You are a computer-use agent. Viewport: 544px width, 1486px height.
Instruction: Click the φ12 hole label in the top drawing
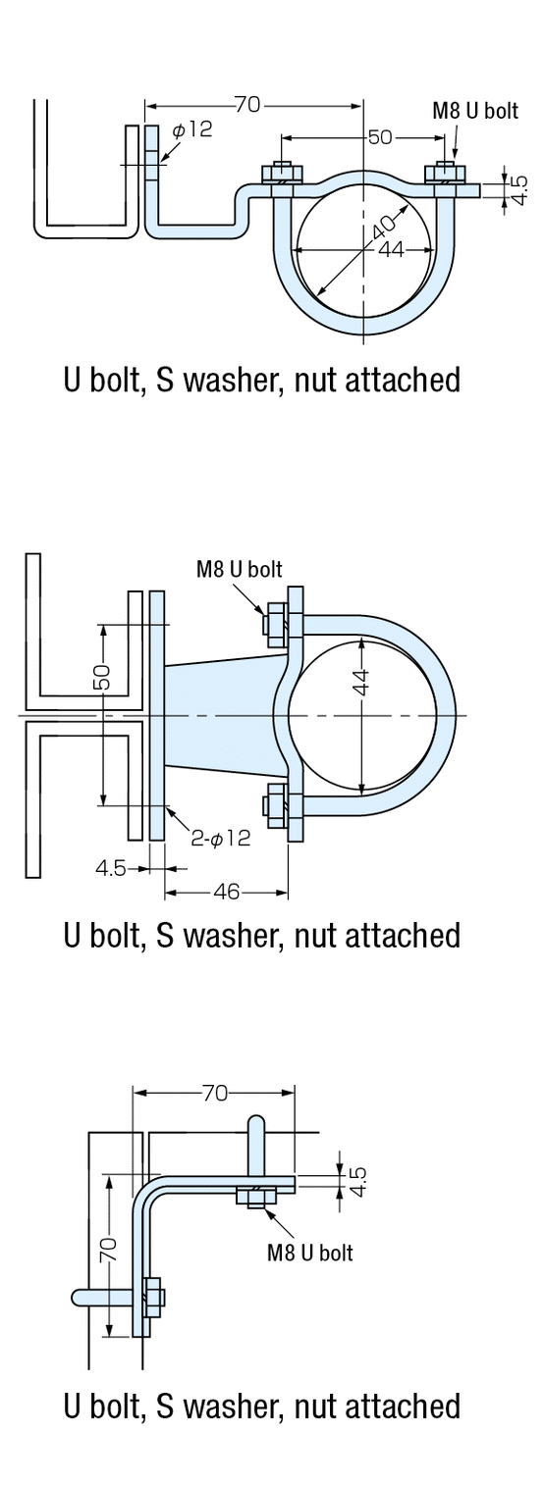coord(192,129)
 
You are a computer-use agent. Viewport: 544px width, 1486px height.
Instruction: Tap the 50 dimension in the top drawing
coord(379,137)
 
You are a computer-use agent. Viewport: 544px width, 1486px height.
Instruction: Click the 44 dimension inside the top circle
coord(391,249)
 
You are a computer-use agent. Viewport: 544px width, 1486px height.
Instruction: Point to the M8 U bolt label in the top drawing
coord(475,110)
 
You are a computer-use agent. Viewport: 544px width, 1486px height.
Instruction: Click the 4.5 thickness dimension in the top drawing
coord(520,189)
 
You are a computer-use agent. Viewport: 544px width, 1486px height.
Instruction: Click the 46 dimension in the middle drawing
coord(226,893)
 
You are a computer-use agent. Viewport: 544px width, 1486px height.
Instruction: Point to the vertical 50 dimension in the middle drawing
coord(102,676)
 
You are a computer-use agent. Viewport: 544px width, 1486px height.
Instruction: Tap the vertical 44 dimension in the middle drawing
coord(360,682)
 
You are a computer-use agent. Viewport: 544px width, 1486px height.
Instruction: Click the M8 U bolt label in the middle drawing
coord(240,569)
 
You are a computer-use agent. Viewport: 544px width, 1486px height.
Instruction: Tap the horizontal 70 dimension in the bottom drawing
coord(214,1093)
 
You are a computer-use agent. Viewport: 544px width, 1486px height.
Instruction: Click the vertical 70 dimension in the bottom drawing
coord(110,1249)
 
